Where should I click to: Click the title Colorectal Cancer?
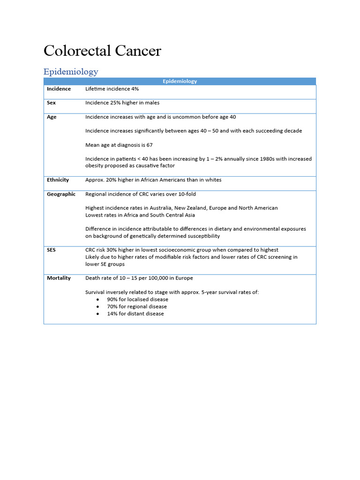click(x=102, y=51)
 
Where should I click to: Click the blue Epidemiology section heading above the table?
click(x=71, y=72)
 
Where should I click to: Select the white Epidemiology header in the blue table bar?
click(x=180, y=81)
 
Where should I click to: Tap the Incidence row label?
click(x=59, y=89)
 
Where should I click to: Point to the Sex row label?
click(x=51, y=103)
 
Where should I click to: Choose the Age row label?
click(x=52, y=117)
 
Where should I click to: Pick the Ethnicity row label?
click(x=58, y=180)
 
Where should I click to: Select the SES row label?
click(x=51, y=250)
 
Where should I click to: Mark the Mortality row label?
click(x=59, y=278)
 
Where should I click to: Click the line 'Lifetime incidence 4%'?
click(x=112, y=89)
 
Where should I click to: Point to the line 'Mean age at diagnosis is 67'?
click(x=120, y=145)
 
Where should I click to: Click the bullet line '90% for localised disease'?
click(x=137, y=299)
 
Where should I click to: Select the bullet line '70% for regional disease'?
click(x=137, y=307)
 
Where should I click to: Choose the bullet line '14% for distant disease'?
click(x=135, y=314)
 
